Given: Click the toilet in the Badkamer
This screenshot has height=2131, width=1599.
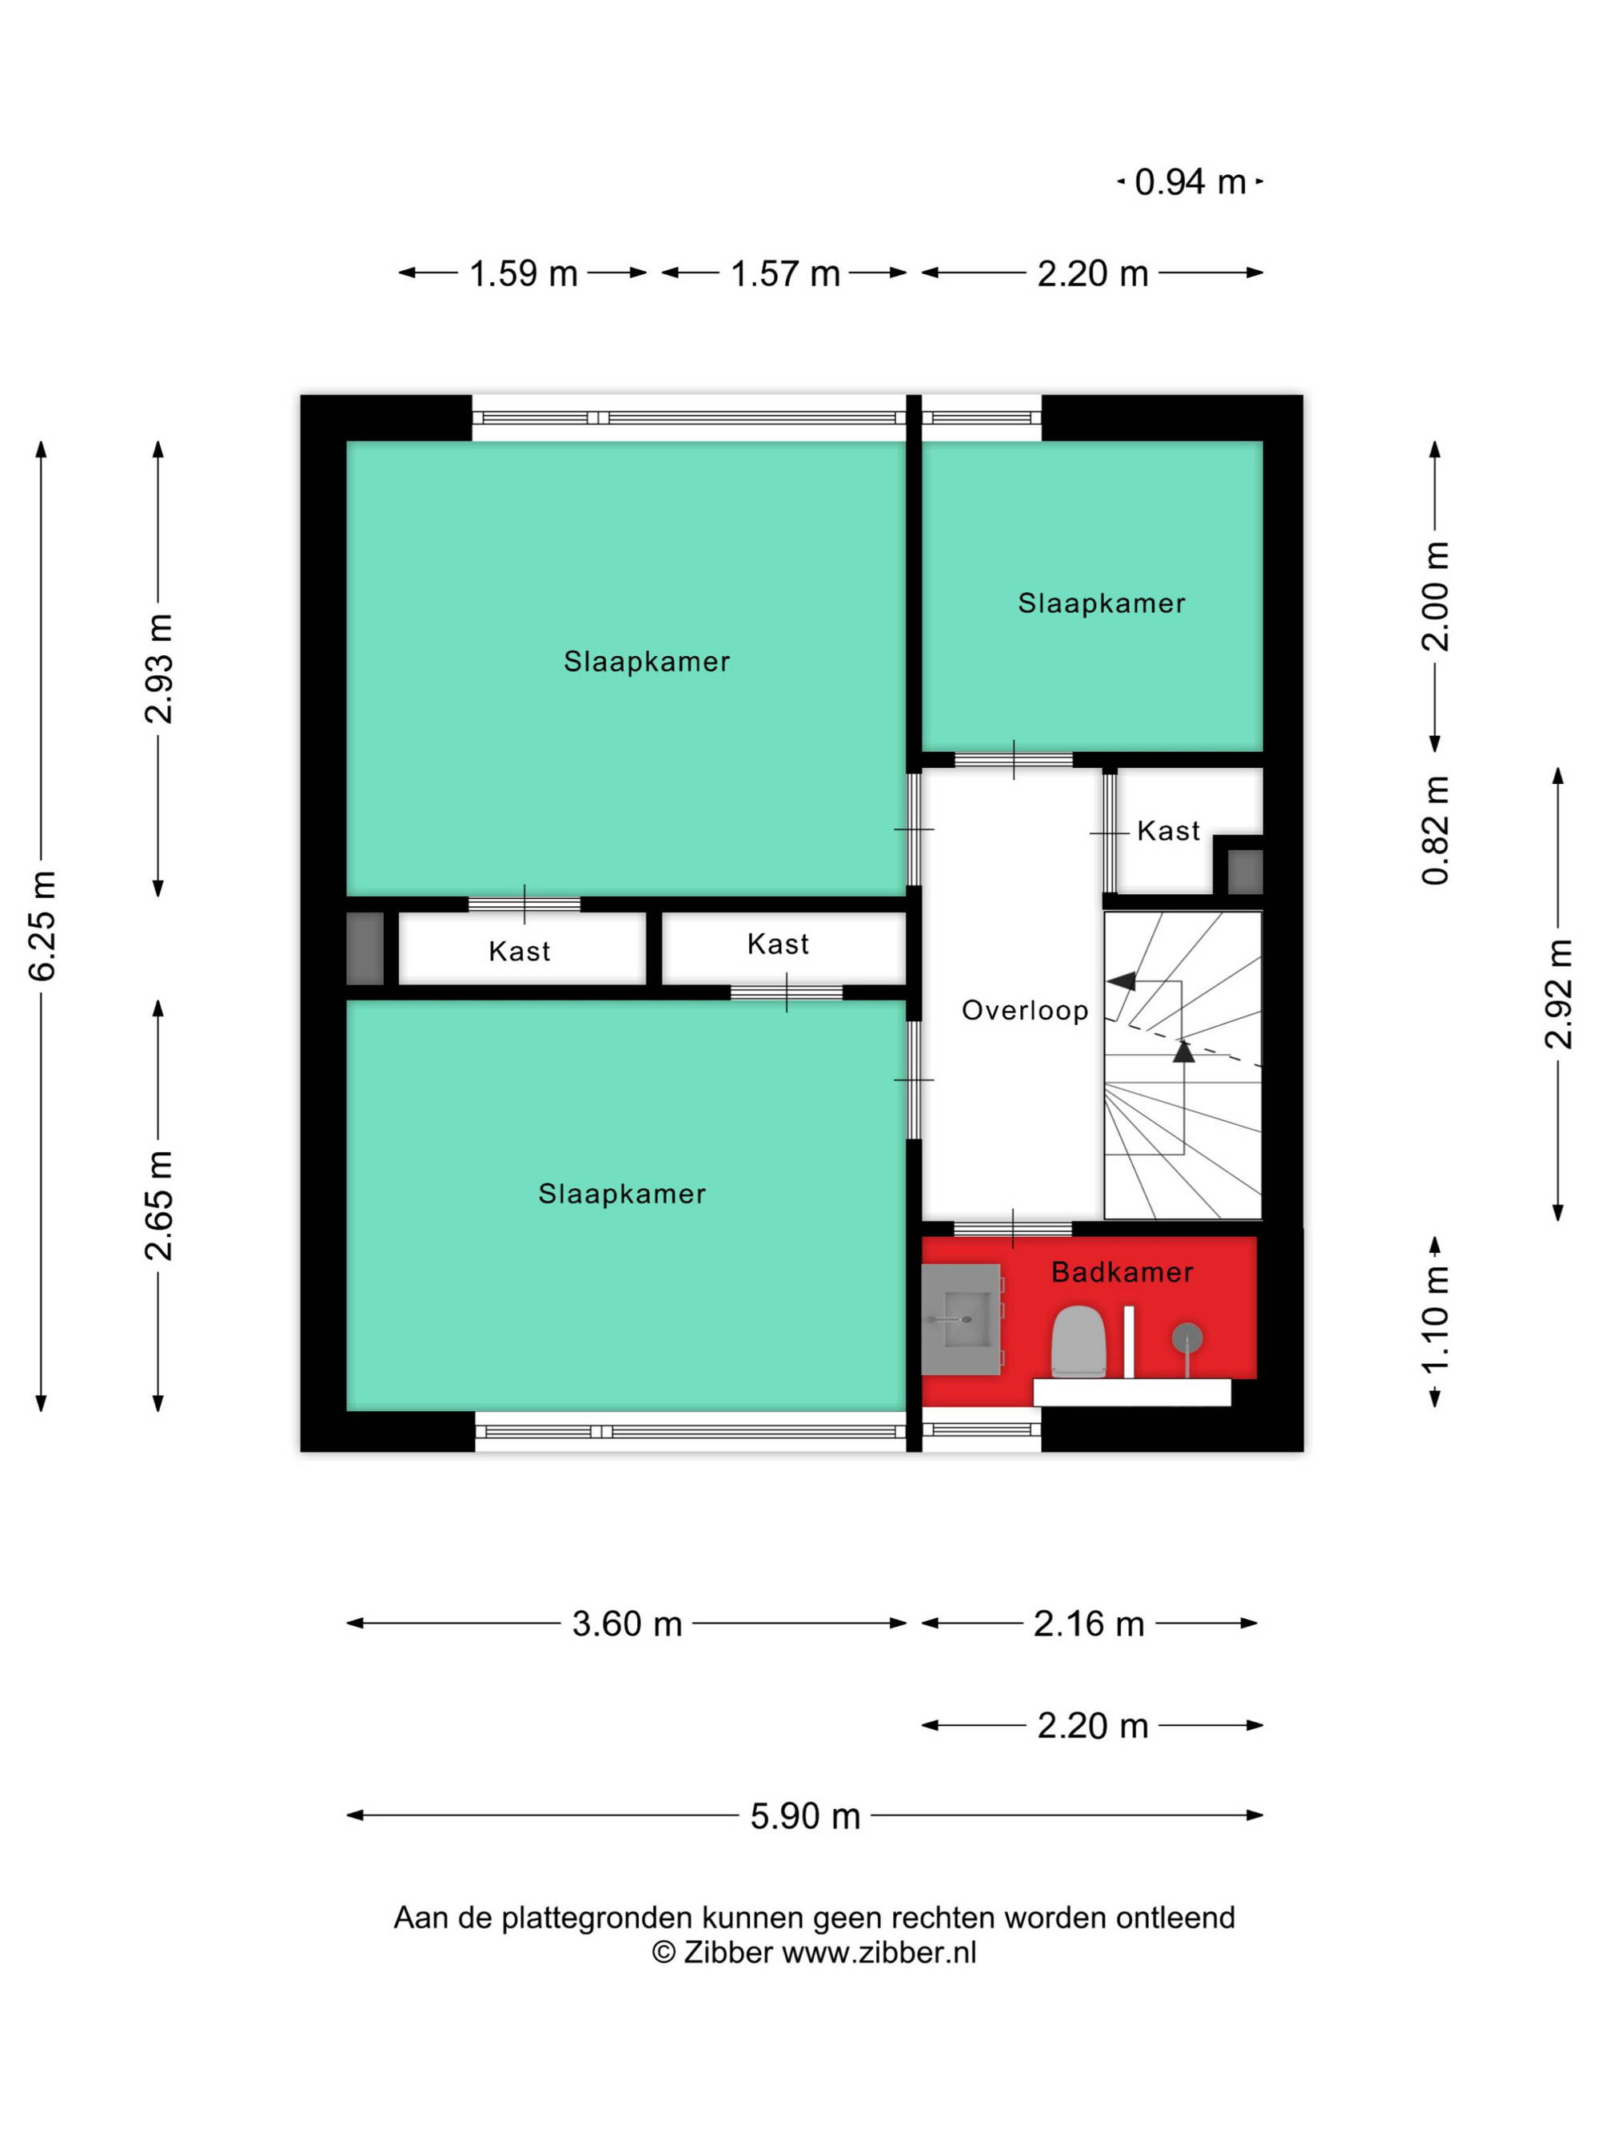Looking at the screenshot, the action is pyautogui.click(x=1078, y=1340).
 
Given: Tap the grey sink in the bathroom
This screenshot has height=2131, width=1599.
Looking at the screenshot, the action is pyautogui.click(x=960, y=1318).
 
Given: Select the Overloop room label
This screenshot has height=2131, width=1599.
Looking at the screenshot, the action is pyautogui.click(x=1024, y=1010).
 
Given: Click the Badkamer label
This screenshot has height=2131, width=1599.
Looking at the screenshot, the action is pyautogui.click(x=1122, y=1272).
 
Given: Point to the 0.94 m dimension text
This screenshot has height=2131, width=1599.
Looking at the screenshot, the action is pyautogui.click(x=1190, y=181).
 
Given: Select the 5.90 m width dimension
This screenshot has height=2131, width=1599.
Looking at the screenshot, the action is pyautogui.click(x=805, y=1816).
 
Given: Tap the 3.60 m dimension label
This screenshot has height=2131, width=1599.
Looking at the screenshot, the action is pyautogui.click(x=627, y=1624).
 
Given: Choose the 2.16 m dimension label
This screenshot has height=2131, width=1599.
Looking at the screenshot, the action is pyautogui.click(x=1088, y=1624).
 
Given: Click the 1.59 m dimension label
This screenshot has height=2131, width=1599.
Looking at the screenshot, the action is pyautogui.click(x=524, y=273).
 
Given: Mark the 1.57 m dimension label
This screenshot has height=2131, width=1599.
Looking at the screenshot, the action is pyautogui.click(x=786, y=273).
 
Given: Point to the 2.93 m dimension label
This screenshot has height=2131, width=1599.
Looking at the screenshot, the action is pyautogui.click(x=159, y=668).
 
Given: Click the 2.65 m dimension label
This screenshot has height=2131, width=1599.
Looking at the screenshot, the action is pyautogui.click(x=159, y=1204).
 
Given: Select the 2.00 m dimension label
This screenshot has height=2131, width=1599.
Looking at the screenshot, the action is pyautogui.click(x=1435, y=595).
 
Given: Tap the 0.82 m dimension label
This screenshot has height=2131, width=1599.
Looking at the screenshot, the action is pyautogui.click(x=1435, y=829).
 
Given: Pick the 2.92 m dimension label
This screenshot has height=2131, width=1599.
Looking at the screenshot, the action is pyautogui.click(x=1558, y=993).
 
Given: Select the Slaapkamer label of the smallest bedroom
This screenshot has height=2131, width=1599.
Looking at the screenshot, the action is pyautogui.click(x=1102, y=603).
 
